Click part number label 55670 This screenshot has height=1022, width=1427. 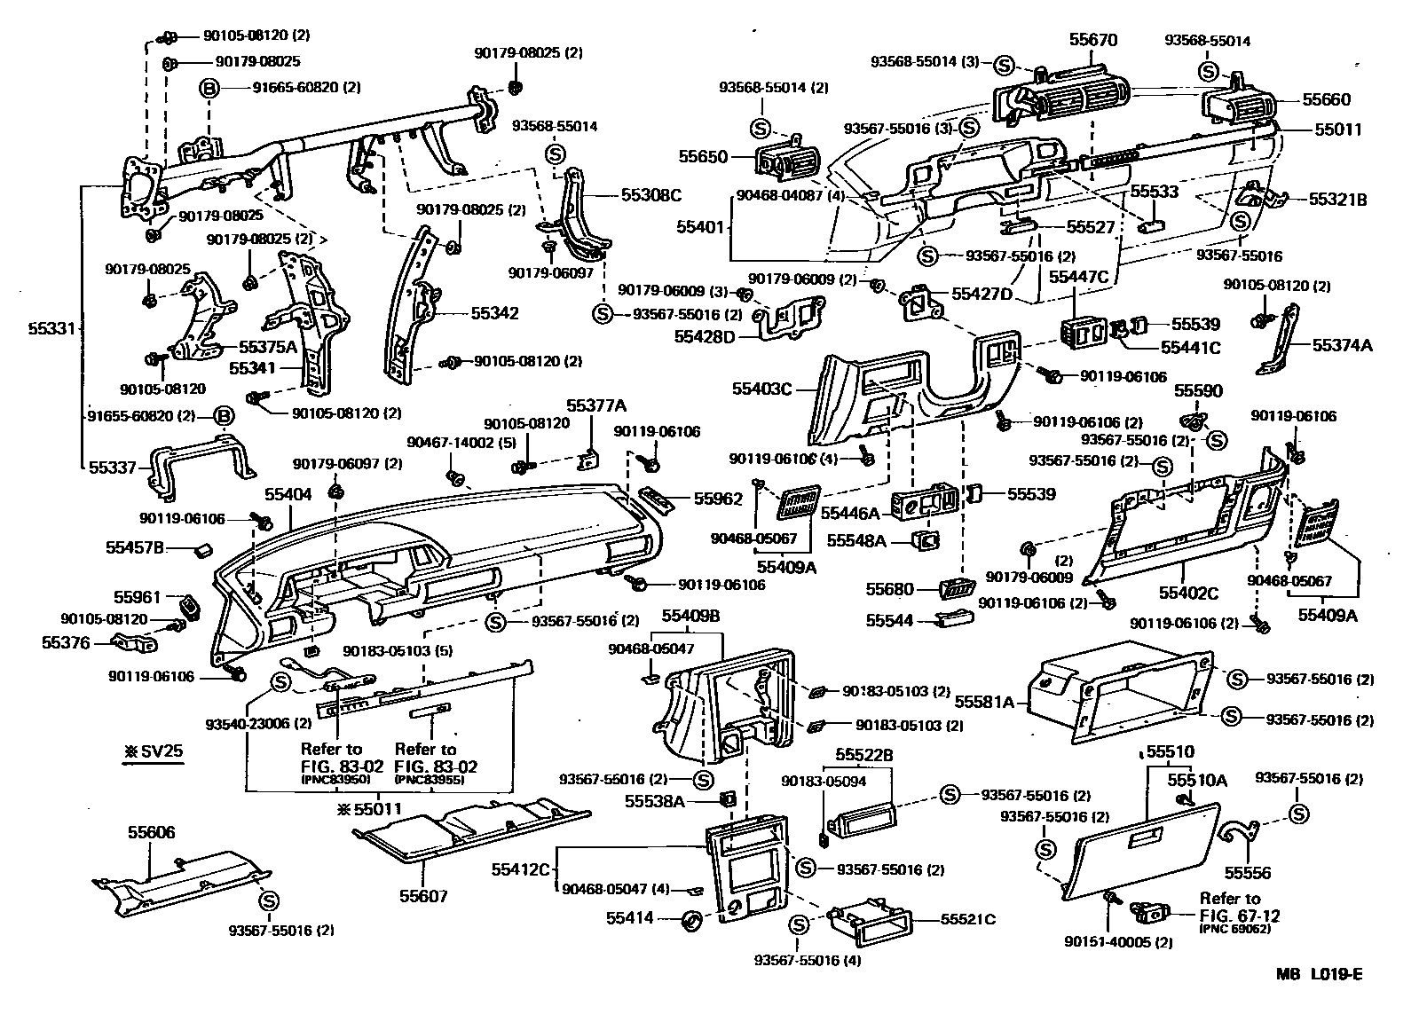point(1092,40)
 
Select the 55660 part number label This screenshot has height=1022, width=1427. point(1326,100)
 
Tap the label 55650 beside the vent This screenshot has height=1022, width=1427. point(703,157)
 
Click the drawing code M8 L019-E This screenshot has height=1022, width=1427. point(1319,974)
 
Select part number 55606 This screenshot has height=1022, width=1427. point(151,832)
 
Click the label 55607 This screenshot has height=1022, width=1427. point(423,896)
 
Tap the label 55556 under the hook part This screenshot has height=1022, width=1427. point(1247,872)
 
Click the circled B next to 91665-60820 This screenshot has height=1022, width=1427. point(209,88)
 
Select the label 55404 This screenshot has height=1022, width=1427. point(288,494)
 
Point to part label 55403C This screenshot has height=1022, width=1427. point(761,389)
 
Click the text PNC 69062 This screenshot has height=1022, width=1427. point(1234,928)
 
